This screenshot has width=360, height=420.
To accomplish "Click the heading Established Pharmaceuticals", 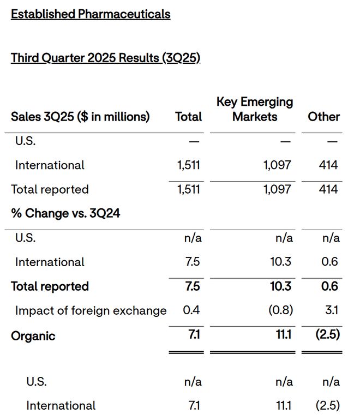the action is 91,14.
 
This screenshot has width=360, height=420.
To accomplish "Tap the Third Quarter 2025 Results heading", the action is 105,58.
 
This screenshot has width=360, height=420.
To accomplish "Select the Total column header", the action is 189,117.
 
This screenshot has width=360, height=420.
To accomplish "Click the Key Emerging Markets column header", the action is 255,109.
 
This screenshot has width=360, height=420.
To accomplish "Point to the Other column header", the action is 324,117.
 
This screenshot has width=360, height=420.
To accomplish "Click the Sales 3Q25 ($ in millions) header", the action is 80,117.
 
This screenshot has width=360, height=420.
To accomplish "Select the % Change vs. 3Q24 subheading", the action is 65,213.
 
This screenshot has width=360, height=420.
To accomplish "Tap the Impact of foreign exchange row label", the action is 91,311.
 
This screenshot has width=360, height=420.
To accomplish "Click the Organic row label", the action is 33,336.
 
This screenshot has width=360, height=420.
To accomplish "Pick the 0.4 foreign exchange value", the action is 191,310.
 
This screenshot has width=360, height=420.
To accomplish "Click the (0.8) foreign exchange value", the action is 281,310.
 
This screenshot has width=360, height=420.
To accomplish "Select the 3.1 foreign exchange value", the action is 332,310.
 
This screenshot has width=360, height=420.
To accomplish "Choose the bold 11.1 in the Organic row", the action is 284,334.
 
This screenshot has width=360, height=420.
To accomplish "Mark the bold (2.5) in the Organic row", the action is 328,334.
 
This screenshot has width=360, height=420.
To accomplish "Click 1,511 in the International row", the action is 189,165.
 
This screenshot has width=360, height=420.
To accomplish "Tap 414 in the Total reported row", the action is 328,189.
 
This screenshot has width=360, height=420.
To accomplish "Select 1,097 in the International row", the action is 277,165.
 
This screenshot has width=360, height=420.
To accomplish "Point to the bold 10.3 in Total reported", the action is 281,286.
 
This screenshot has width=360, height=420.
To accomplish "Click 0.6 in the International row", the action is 330,262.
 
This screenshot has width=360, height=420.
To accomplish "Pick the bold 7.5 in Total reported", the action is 193,286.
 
